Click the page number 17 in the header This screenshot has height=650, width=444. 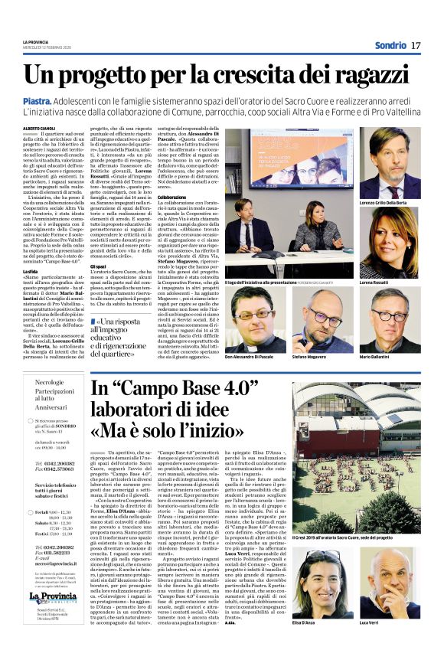click(416, 46)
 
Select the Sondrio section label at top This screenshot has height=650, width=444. click(390, 46)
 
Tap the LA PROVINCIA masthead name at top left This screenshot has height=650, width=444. click(35, 41)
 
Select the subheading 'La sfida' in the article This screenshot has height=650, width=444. click(31, 270)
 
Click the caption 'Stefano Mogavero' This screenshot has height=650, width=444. click(310, 357)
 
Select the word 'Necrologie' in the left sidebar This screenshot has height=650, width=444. click(50, 381)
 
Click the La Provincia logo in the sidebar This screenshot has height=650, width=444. click(54, 598)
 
